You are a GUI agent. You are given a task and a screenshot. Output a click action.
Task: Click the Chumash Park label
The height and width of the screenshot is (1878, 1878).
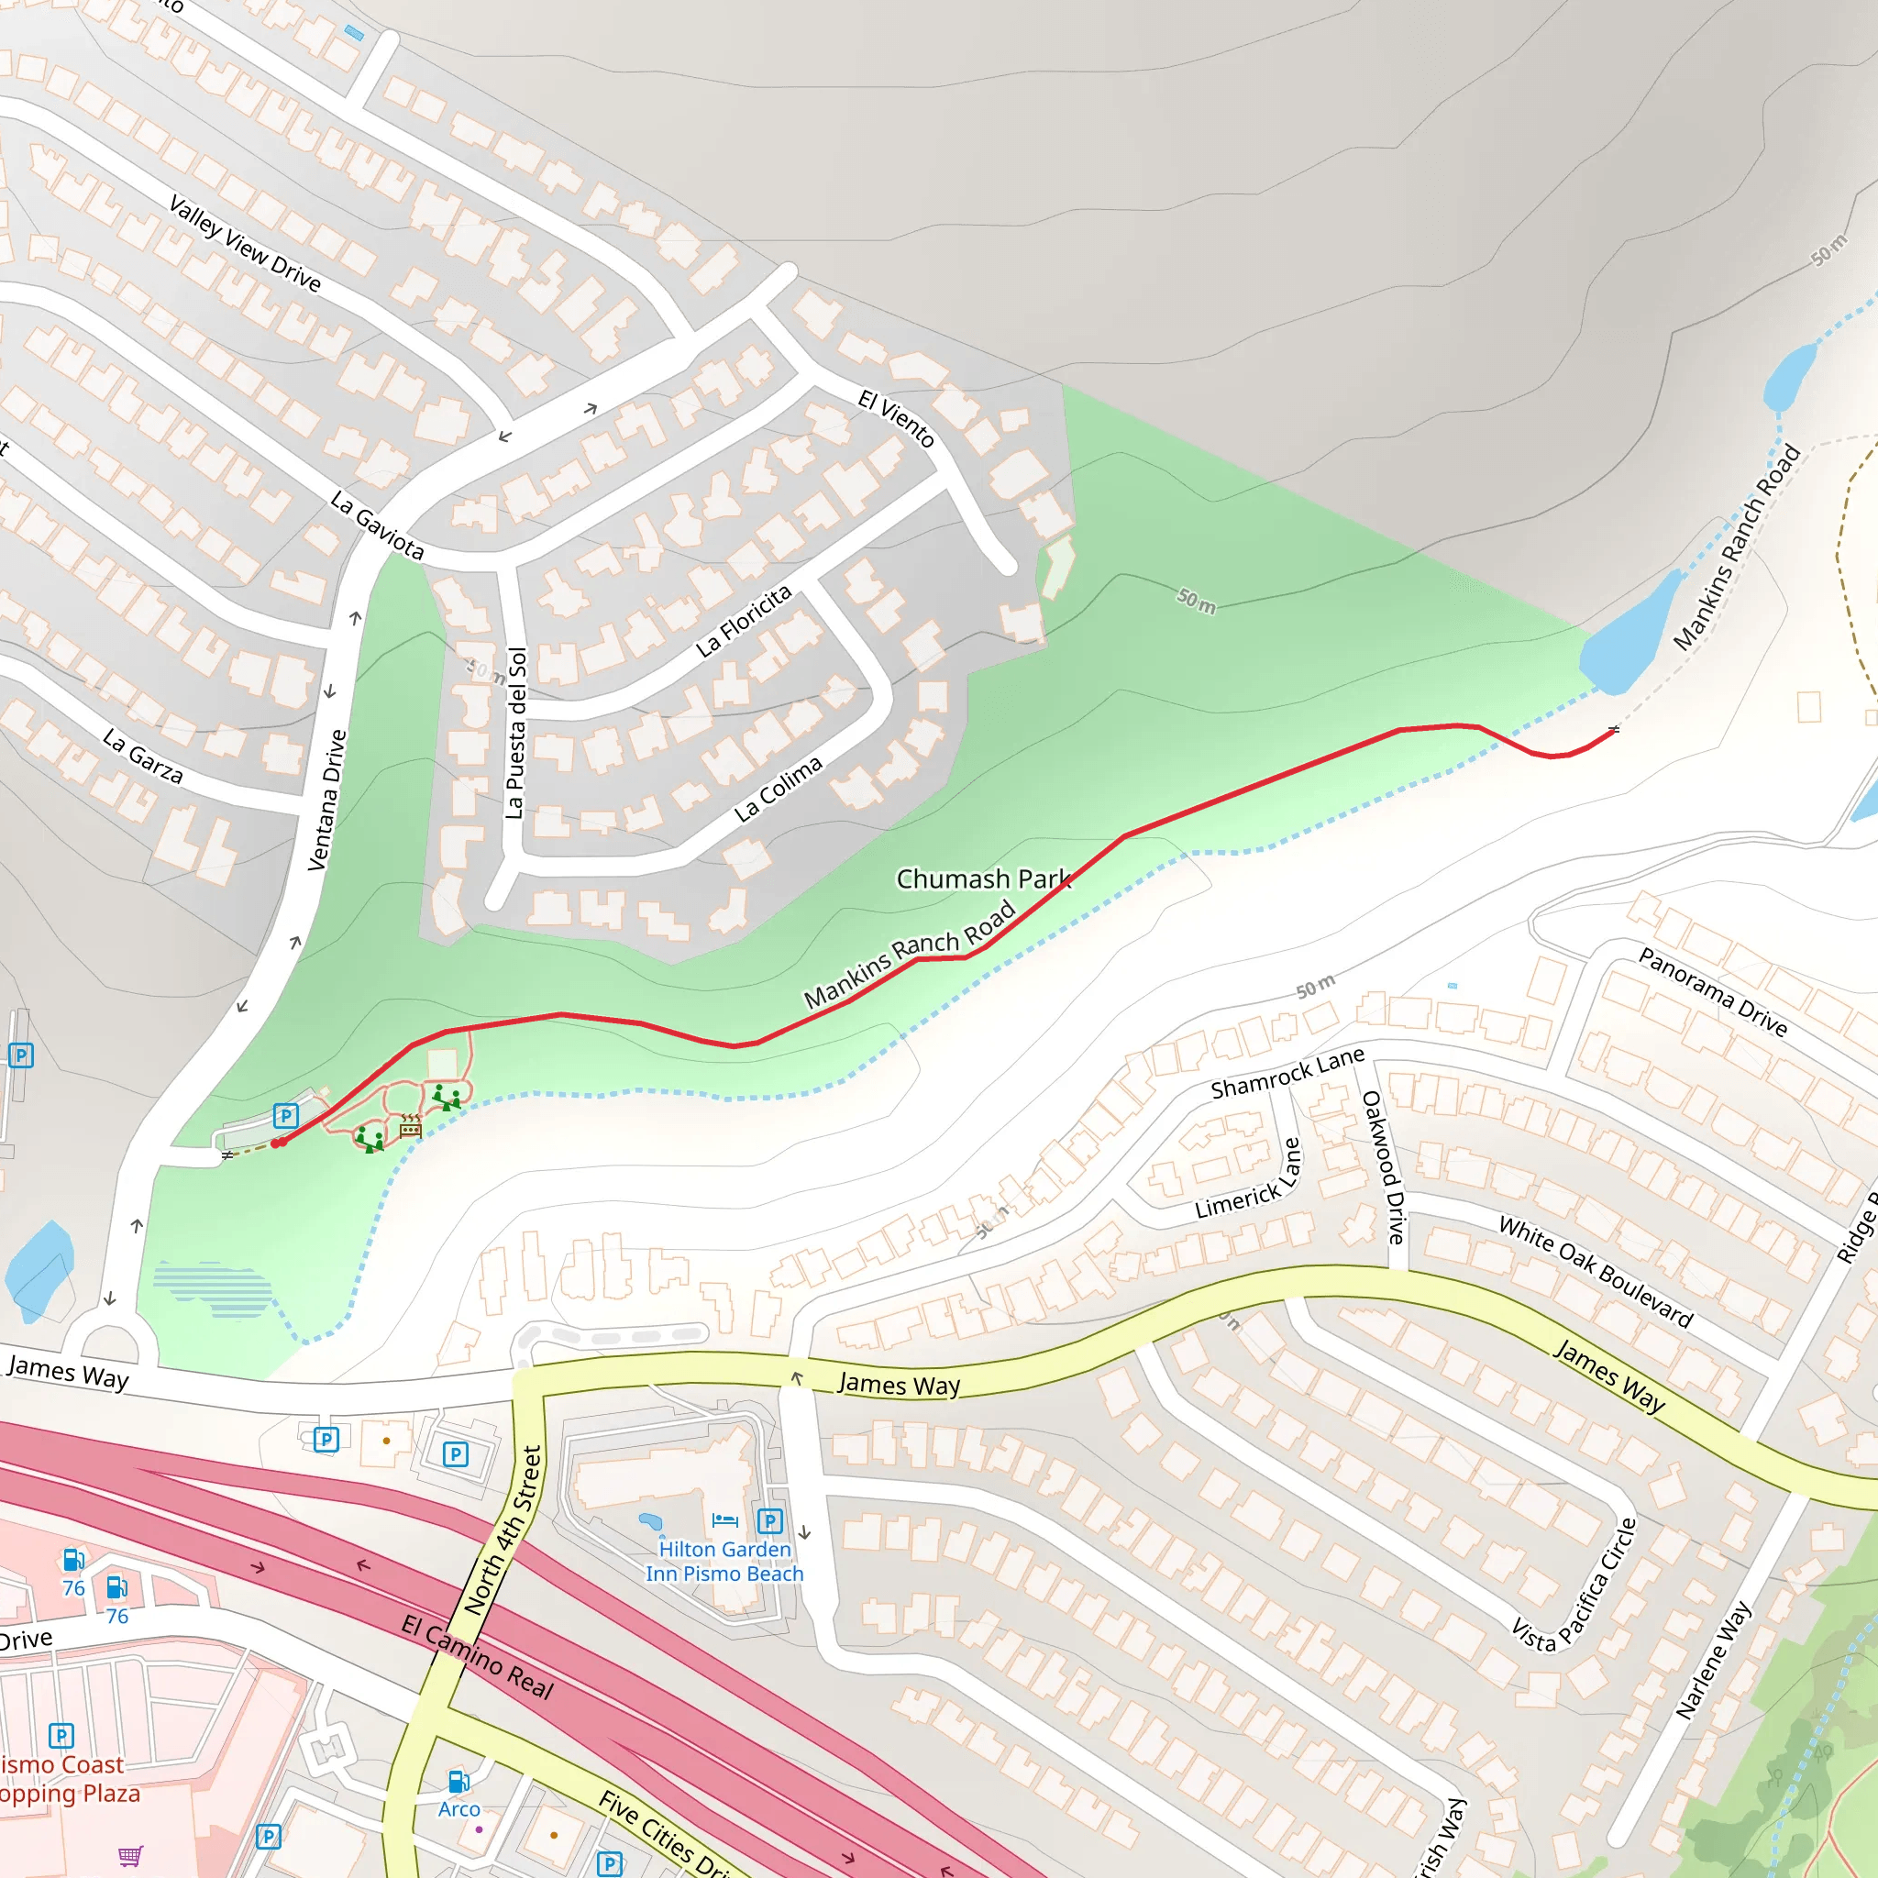coord(983,879)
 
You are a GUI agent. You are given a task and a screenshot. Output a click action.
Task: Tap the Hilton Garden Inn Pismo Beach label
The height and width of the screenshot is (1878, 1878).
coord(724,1561)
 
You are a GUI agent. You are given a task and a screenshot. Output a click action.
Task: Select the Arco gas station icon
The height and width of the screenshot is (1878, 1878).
coord(458,1782)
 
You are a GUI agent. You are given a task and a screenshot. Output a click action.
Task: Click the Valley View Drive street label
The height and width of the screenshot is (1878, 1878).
coord(244,243)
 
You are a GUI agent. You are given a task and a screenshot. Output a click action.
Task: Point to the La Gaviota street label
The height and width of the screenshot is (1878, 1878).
coord(377,525)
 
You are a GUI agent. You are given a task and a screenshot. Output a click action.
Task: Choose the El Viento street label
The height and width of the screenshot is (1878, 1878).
coord(895,418)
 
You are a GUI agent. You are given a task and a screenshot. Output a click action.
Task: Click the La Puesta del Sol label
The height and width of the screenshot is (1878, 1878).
coord(516,733)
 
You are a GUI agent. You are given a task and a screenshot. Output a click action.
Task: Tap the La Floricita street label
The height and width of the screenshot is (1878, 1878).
coord(744,622)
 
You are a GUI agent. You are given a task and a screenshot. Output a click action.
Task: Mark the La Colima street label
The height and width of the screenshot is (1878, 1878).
coord(778,789)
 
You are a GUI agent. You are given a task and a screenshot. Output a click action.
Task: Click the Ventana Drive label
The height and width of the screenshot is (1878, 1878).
coord(326,800)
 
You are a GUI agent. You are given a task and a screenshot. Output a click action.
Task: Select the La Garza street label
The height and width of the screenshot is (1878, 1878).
coord(143,757)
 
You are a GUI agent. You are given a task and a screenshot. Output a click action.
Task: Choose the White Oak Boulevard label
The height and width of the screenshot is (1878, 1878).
coord(1596,1273)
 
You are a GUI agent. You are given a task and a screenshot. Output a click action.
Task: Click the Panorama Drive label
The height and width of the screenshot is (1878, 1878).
coord(1712,992)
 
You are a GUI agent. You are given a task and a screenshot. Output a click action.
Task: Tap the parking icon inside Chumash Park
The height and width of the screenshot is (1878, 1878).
coord(285,1116)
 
